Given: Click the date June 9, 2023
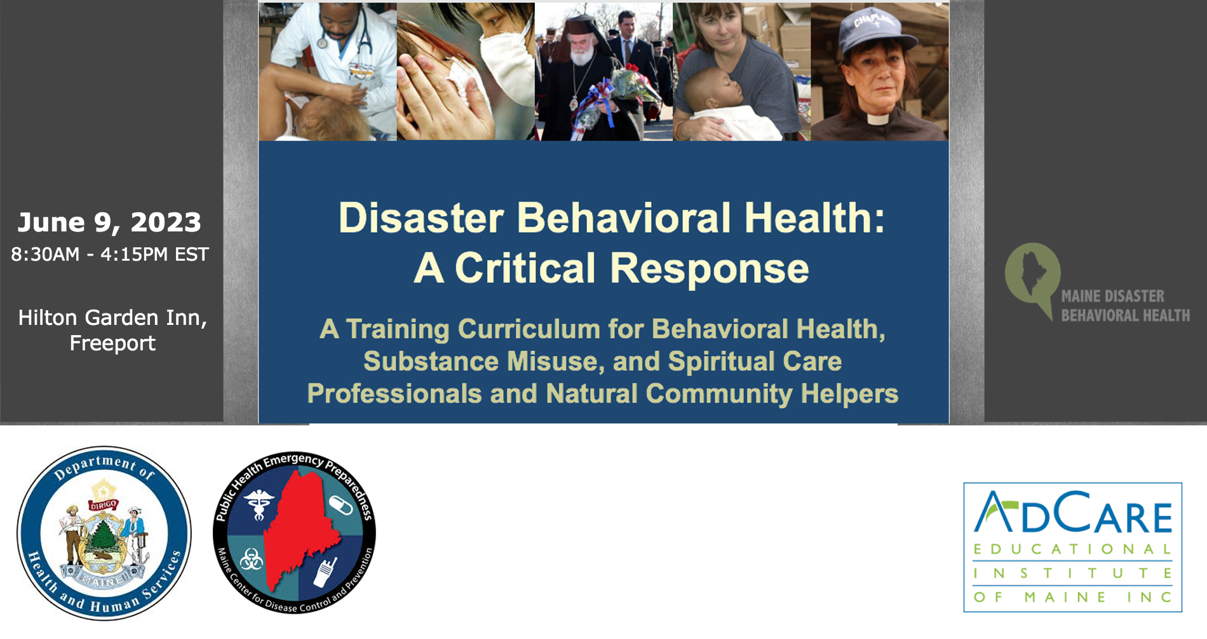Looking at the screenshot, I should click(109, 223).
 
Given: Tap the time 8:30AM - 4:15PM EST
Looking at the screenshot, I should click(110, 254).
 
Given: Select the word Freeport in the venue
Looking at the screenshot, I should click(112, 343).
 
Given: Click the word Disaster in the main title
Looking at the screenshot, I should click(421, 218).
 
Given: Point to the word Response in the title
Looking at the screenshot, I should click(709, 268).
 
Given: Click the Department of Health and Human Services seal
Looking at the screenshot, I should click(104, 533).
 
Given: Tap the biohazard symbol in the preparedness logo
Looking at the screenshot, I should click(252, 560).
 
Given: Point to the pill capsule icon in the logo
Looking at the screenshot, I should click(340, 506).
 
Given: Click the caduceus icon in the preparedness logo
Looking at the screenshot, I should click(259, 504).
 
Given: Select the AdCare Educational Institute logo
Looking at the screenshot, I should click(1072, 547).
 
